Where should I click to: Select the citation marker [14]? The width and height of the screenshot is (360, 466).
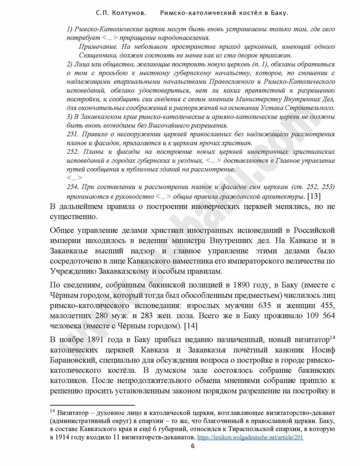pos(191,326)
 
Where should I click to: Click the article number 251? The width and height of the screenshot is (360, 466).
pos(73,134)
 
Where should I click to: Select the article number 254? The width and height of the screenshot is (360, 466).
pos(73,187)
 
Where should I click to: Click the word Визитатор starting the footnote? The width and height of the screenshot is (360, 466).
pos(73,413)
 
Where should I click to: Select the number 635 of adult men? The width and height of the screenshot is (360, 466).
pos(264,306)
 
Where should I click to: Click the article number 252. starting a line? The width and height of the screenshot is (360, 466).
pos(73,152)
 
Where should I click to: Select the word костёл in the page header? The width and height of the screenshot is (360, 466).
pos(249,13)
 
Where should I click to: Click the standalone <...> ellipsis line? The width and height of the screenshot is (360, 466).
pos(75,178)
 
